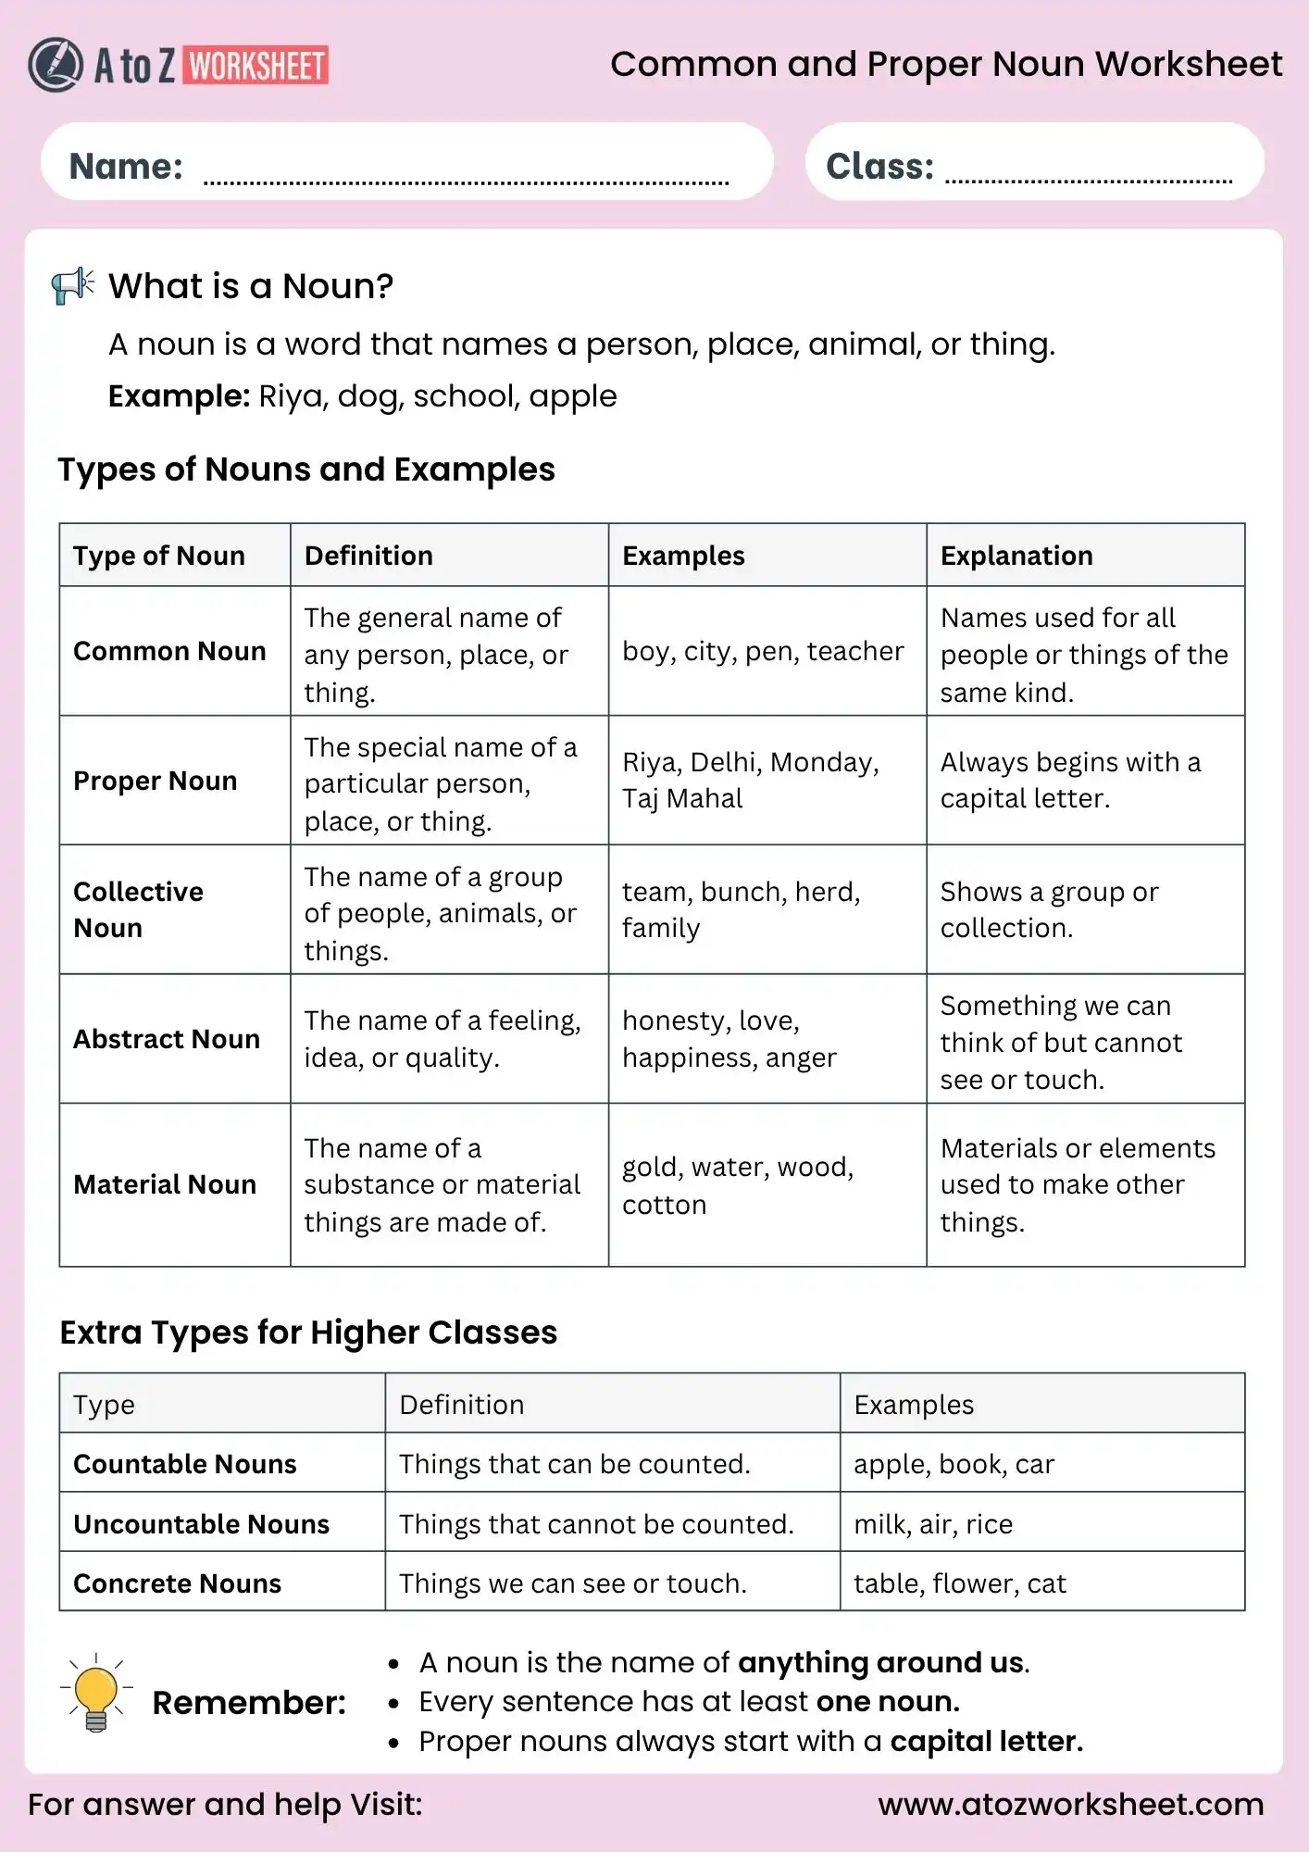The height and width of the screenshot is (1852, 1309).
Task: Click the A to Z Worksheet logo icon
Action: [55, 65]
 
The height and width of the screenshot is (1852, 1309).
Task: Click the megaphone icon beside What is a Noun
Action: [72, 285]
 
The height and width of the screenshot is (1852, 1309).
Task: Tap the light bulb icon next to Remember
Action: [96, 1693]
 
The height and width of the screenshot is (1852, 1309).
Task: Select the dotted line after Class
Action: [1088, 180]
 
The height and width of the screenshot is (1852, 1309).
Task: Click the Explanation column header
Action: [1016, 556]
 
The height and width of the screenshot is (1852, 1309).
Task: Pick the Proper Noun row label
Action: [155, 781]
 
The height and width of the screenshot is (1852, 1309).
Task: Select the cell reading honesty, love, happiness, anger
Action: [729, 1039]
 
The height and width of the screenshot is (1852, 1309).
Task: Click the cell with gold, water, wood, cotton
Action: [737, 1185]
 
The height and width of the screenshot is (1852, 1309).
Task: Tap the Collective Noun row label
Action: [138, 909]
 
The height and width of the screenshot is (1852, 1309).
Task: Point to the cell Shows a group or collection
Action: [1048, 909]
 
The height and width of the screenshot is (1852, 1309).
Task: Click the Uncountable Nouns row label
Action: [201, 1524]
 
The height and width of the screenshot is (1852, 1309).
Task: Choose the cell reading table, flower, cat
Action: [959, 1583]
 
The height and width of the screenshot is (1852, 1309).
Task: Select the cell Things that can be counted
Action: [574, 1464]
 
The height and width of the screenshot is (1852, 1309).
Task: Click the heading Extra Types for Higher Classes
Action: [308, 1333]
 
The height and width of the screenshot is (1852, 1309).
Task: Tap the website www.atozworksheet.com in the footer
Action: [1070, 1804]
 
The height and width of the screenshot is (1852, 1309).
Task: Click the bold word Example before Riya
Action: [179, 396]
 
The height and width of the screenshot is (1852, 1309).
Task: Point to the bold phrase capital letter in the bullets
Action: [985, 1741]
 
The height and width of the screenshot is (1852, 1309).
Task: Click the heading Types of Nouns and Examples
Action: [305, 469]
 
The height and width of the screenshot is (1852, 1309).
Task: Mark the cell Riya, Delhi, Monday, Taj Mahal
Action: [750, 780]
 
